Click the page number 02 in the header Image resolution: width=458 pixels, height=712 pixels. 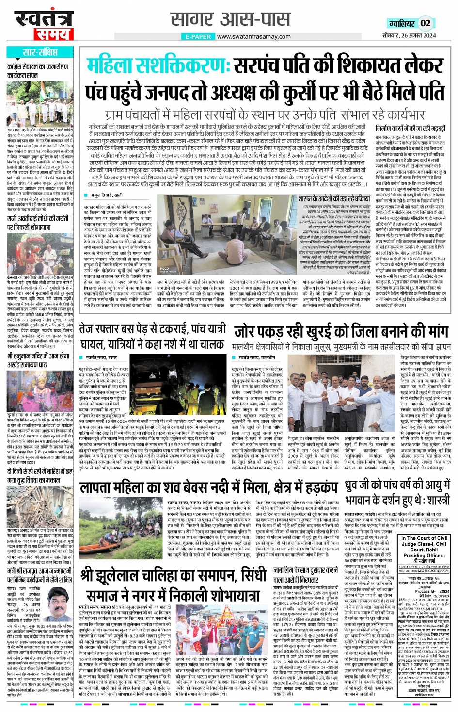[426, 23]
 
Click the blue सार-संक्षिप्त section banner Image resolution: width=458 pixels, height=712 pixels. [40, 52]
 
